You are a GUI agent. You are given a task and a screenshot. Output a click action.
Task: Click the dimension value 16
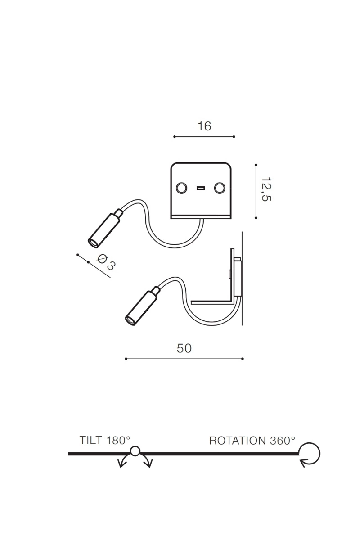[204, 126]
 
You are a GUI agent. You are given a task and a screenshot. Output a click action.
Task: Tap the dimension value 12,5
[266, 189]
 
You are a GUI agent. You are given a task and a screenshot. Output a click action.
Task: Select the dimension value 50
[184, 348]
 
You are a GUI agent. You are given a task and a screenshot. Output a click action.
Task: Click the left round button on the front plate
[182, 188]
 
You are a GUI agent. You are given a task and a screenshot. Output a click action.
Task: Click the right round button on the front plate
[220, 188]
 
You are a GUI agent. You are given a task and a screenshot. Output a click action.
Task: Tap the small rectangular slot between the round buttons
[201, 188]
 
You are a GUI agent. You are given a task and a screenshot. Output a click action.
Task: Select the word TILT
[91, 440]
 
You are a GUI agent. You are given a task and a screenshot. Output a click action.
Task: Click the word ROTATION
[238, 441]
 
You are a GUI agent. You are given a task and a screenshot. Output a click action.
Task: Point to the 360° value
[283, 441]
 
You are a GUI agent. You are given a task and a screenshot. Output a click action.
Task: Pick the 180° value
[118, 440]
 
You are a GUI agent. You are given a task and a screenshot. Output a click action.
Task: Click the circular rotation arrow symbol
[310, 453]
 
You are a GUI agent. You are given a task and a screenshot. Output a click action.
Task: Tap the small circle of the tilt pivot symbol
[135, 452]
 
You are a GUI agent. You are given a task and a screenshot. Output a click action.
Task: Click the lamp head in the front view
[104, 229]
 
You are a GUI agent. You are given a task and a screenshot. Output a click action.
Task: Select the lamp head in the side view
[140, 306]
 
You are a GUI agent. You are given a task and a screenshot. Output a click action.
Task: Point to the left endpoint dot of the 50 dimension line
[126, 359]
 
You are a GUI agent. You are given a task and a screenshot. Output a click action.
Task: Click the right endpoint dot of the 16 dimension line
[234, 136]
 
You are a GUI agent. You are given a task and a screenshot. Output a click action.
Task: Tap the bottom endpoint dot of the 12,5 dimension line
[256, 217]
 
